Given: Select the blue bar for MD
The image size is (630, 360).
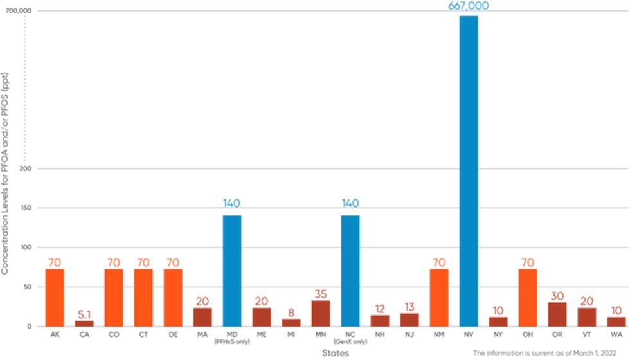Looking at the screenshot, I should click(x=232, y=271).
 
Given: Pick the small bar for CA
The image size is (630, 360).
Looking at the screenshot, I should click(x=84, y=323).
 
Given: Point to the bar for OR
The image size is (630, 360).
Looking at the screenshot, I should click(x=557, y=314).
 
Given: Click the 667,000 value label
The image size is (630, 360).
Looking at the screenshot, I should click(x=469, y=6).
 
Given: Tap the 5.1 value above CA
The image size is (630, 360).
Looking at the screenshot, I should click(x=84, y=314).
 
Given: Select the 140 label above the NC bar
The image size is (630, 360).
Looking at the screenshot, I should click(x=350, y=204).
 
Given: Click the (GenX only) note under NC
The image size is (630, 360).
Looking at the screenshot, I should click(x=350, y=343).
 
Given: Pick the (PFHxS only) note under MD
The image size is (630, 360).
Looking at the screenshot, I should click(x=232, y=343).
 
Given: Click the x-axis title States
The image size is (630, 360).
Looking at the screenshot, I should click(x=337, y=353).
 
